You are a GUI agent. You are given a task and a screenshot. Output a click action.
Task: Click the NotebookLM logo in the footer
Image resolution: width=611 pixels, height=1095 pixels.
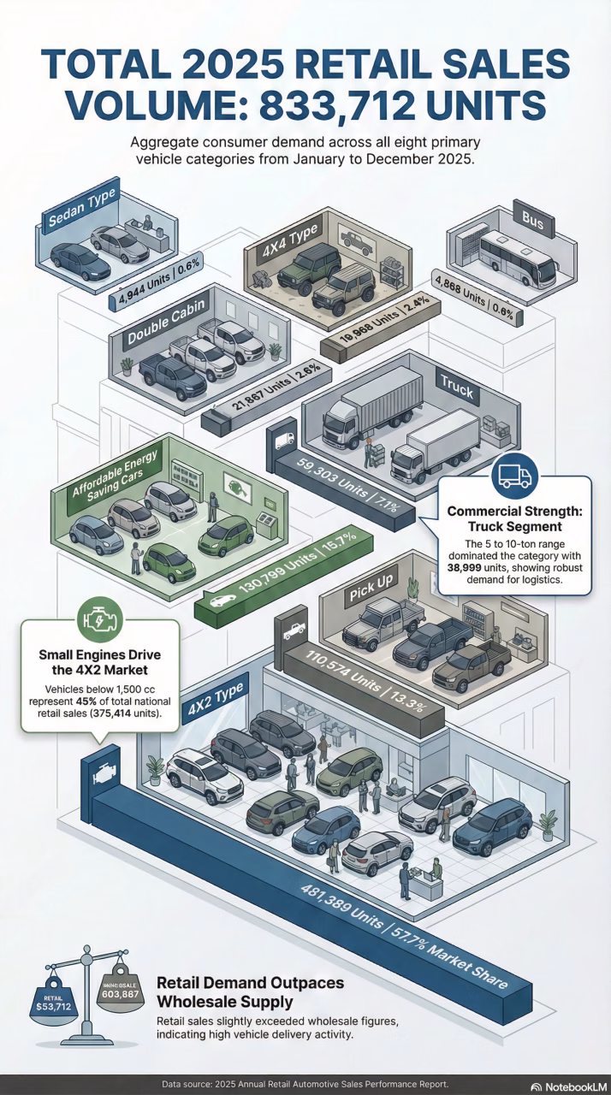click(568, 1086)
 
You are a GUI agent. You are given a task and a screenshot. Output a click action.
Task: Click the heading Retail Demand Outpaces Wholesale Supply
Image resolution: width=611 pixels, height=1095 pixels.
click(250, 991)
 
